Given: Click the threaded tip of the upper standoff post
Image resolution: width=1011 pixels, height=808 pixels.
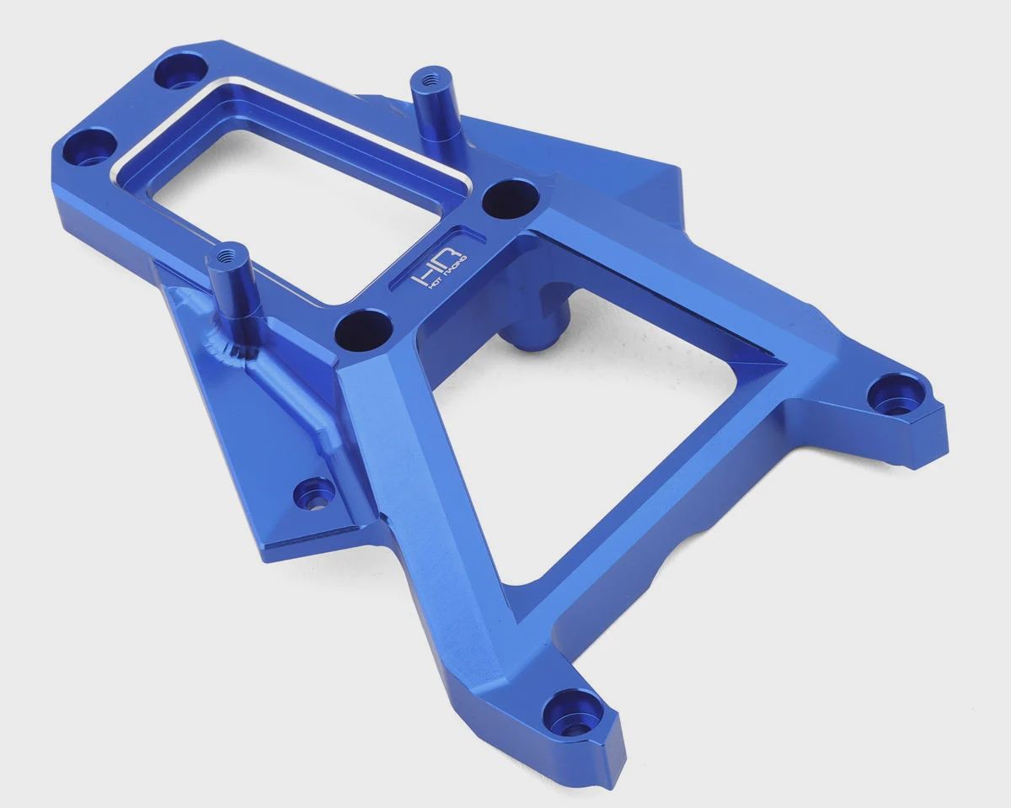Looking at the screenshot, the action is [429, 81].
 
